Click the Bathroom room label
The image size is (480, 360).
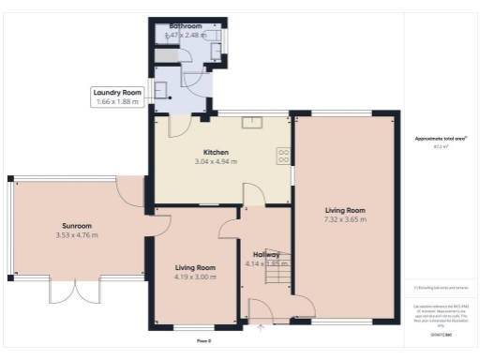[185, 26]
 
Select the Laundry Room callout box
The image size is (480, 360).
[119, 97]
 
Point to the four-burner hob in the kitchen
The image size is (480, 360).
[281, 156]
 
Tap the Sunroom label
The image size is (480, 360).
[77, 226]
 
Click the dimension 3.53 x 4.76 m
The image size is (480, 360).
[77, 234]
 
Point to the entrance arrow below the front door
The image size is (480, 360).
[261, 325]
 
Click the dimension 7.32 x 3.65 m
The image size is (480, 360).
[345, 219]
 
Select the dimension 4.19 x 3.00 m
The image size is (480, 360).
[193, 277]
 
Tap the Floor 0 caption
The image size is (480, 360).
[203, 340]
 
